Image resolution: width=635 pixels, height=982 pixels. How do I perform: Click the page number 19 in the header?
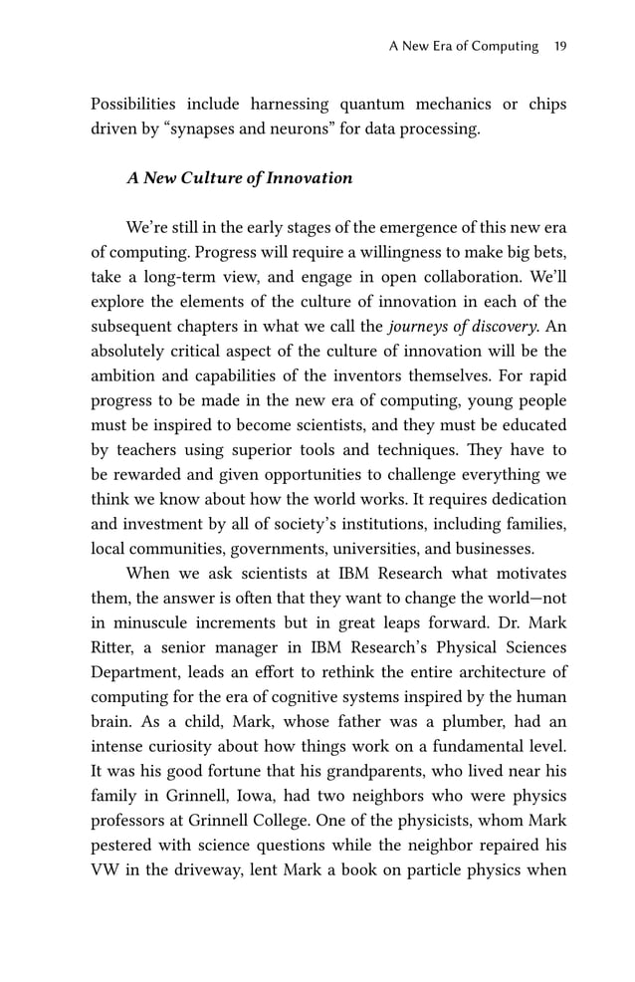point(559,46)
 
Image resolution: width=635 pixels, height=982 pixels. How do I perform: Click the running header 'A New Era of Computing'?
point(463,46)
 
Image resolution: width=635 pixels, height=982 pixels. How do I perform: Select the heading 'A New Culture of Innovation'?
point(239,178)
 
